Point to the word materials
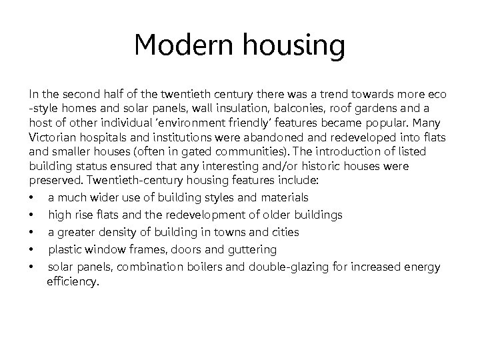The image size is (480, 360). (x=283, y=197)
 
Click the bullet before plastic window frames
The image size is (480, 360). (x=33, y=250)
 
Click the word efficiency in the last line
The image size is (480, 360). (x=72, y=283)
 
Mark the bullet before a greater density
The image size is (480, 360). (x=33, y=233)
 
